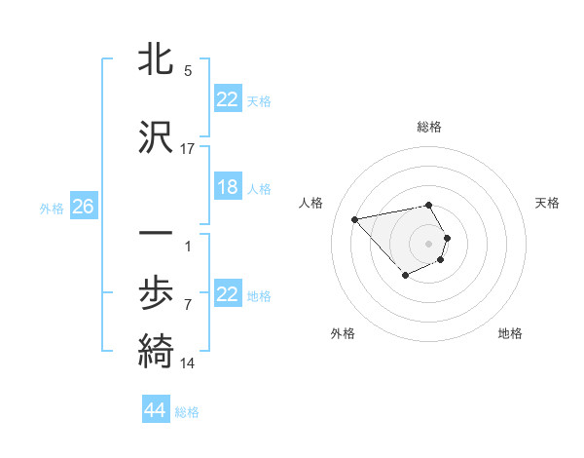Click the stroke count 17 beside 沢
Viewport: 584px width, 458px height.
pos(188,148)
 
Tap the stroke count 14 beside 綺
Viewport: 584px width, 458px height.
pos(188,363)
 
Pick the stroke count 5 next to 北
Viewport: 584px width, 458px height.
pos(188,71)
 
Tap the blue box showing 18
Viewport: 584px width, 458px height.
pos(228,187)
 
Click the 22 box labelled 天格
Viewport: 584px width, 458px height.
pos(228,99)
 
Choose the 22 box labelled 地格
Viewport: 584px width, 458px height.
pos(228,294)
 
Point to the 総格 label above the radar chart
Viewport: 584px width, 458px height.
pos(429,128)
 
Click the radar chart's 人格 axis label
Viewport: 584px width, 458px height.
pos(311,203)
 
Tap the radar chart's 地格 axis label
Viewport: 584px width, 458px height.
pos(510,333)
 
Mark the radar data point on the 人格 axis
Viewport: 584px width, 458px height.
pos(355,218)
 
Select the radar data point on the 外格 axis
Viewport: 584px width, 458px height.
pos(404,277)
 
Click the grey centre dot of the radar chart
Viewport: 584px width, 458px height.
pos(429,243)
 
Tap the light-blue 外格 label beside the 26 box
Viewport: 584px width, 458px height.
pos(51,208)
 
